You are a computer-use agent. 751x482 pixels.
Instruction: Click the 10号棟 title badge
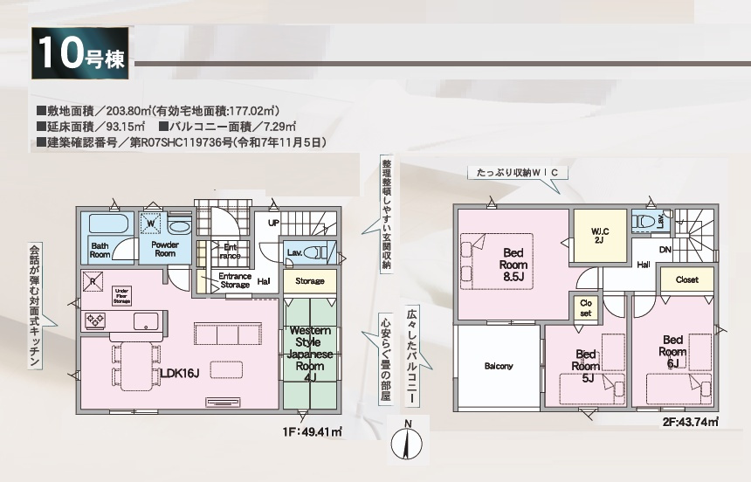coord(81,55)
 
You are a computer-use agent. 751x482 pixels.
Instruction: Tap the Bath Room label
coord(100,250)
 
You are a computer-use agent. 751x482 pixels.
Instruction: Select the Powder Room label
coord(165,249)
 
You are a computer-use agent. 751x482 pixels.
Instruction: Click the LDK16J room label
coord(180,373)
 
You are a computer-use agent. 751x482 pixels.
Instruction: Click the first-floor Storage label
coord(309,281)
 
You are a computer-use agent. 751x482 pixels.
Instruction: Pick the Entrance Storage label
coord(235,280)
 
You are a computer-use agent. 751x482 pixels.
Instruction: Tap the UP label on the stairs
coord(273,223)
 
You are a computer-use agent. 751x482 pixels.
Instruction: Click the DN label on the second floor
coord(665,249)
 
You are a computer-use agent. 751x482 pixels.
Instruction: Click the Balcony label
coord(499,366)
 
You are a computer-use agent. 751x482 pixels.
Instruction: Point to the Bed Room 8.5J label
coord(513,265)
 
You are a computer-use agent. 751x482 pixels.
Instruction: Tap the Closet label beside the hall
coord(686,280)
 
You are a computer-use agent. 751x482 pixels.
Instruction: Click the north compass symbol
coord(407,442)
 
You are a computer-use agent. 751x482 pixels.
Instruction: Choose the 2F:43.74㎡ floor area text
coord(689,422)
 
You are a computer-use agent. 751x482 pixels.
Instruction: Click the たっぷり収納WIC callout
coord(517,173)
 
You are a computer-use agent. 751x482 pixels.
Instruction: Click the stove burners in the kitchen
coord(94,321)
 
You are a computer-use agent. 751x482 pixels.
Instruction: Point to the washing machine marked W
coord(152,224)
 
